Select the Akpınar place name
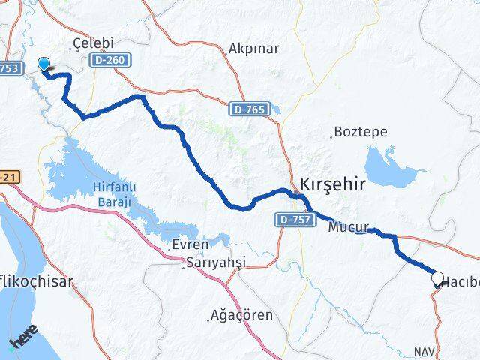click(x=256, y=49)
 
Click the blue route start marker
click(x=44, y=66)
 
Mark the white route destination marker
click(x=438, y=279)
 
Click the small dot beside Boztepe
click(x=332, y=136)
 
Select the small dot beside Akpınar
click(x=227, y=53)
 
